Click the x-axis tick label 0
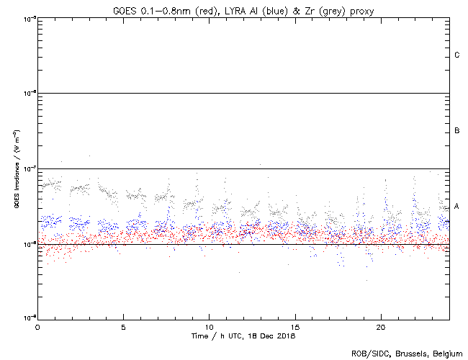[37, 326]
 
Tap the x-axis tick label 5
[123, 326]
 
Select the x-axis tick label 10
[209, 326]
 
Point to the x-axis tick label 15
[294, 326]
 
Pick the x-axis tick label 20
[380, 326]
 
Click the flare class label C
[457, 55]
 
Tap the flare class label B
[457, 131]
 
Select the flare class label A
[457, 206]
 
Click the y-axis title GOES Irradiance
[16, 169]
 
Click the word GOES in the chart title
[124, 9]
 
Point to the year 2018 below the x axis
[285, 336]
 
